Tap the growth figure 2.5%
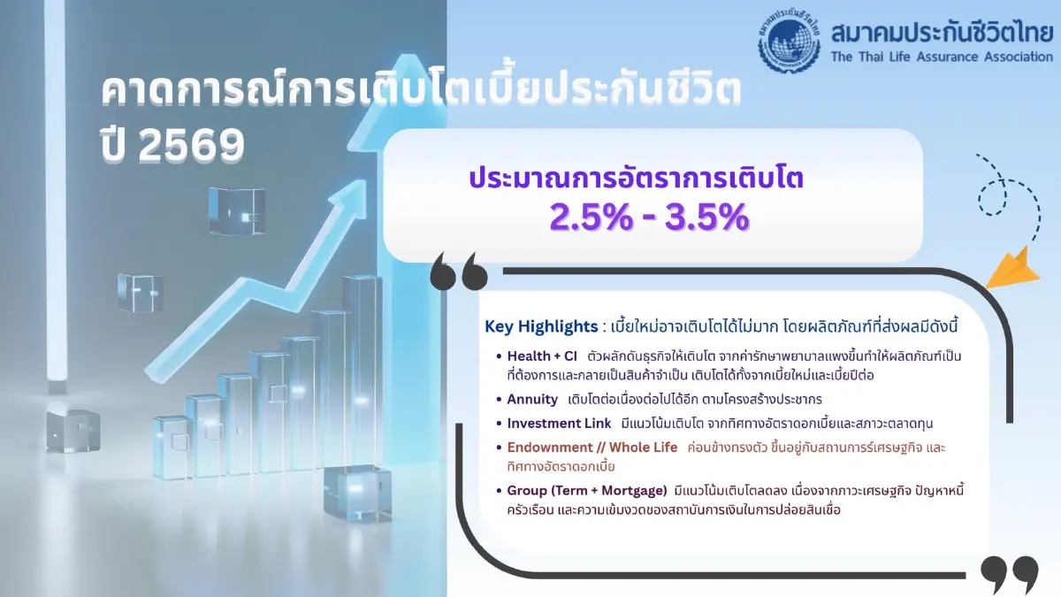point(589,217)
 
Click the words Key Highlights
point(540,326)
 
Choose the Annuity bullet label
point(532,399)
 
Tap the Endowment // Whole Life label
point(592,448)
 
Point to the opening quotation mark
point(459,272)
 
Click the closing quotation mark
point(1009,574)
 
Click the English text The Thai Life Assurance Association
point(942,57)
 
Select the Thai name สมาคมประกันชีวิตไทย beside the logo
point(942,33)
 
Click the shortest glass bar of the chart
point(171,447)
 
